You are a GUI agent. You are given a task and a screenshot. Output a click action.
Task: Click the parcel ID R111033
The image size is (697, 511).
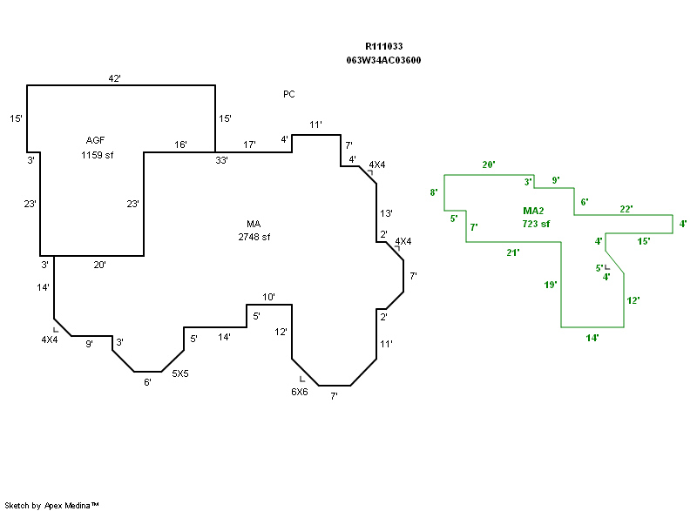[x=383, y=46]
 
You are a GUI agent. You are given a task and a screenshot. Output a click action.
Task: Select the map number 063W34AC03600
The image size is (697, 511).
[x=383, y=60]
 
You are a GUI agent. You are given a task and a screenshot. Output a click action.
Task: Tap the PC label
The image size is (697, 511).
[x=289, y=93]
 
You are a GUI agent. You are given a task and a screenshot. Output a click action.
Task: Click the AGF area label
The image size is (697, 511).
[x=96, y=140]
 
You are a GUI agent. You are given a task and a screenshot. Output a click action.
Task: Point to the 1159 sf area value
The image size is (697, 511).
[x=96, y=155]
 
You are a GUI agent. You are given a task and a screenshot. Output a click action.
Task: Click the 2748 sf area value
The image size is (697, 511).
[x=254, y=237]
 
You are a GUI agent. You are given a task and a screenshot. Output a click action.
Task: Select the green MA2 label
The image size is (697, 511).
[x=535, y=211]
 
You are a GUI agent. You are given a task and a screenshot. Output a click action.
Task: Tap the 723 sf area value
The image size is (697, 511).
[x=536, y=224]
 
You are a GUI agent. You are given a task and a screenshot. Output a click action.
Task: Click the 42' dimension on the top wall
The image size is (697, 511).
[x=114, y=78]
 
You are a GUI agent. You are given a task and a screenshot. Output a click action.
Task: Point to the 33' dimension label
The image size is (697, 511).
[x=222, y=160]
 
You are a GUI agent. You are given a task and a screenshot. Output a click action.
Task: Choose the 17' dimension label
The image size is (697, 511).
[x=249, y=145]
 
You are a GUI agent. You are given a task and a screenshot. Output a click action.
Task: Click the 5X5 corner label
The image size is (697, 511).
[x=180, y=373]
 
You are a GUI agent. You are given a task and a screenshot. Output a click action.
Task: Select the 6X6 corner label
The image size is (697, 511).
[x=299, y=392]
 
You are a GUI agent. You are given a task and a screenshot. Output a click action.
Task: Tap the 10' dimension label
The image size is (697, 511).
[x=269, y=298]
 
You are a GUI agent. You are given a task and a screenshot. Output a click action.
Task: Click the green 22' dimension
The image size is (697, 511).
[x=626, y=209]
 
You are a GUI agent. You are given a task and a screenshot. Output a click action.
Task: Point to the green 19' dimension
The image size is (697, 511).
[x=550, y=285]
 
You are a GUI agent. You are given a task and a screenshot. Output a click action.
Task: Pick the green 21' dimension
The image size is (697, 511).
[x=512, y=252]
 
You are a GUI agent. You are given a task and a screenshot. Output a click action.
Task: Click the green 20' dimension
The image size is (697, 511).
[x=489, y=165]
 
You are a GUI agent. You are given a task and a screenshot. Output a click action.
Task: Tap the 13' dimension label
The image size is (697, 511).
[x=387, y=213]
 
